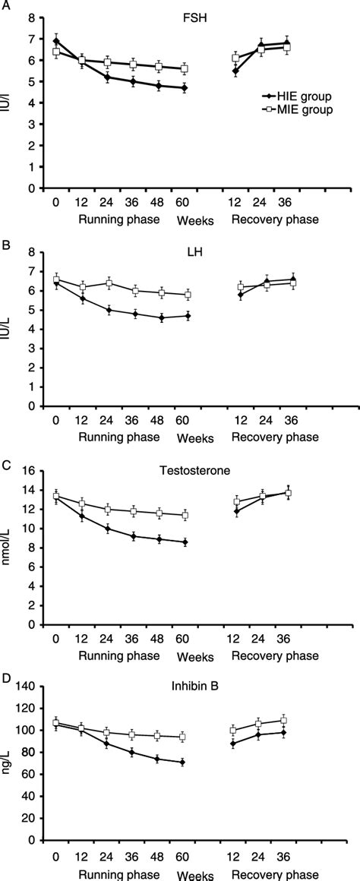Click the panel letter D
pyautogui.click(x=5, y=662)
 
